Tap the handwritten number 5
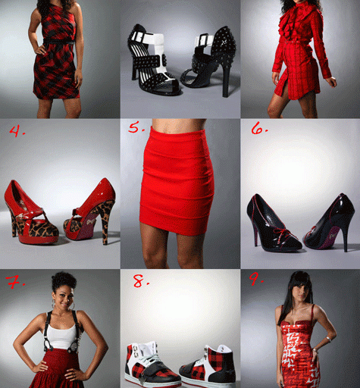[x=134, y=129]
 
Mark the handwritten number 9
[x=255, y=279]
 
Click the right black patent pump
[x=331, y=221]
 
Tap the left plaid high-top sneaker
[x=150, y=364]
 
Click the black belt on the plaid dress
[x=58, y=43]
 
